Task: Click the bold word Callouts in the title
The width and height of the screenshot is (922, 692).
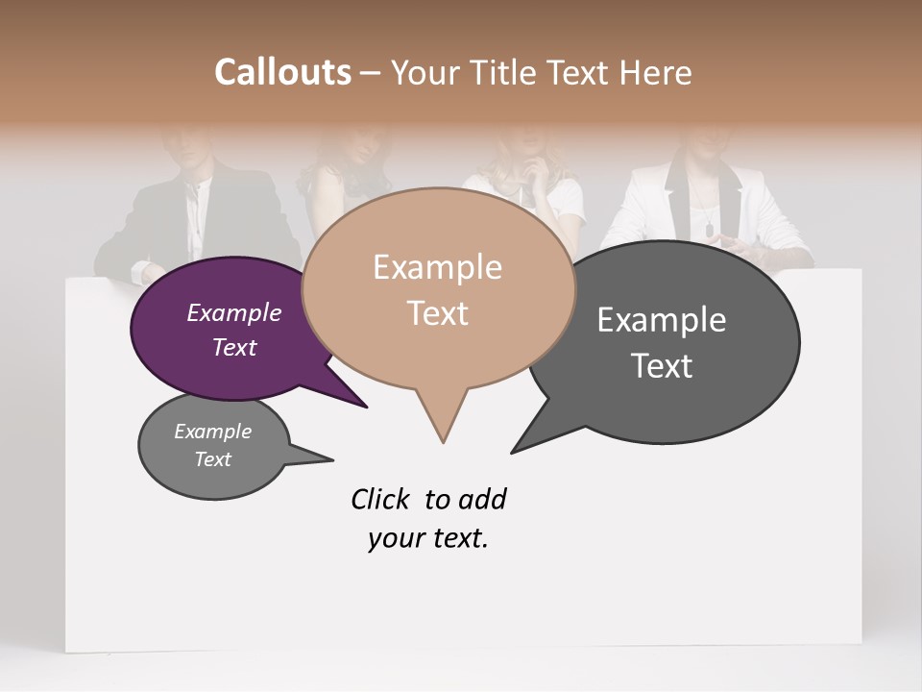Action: pyautogui.click(x=282, y=72)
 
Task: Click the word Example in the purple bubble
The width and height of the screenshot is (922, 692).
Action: pyautogui.click(x=233, y=313)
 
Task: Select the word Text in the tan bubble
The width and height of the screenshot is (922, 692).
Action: pyautogui.click(x=438, y=313)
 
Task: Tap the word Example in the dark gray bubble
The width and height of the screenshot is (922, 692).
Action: pyautogui.click(x=662, y=320)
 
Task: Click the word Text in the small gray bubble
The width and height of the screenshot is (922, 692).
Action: pyautogui.click(x=213, y=459)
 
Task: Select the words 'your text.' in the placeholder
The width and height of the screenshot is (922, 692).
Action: pyautogui.click(x=428, y=539)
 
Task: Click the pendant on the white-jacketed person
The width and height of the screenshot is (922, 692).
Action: pyautogui.click(x=708, y=230)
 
